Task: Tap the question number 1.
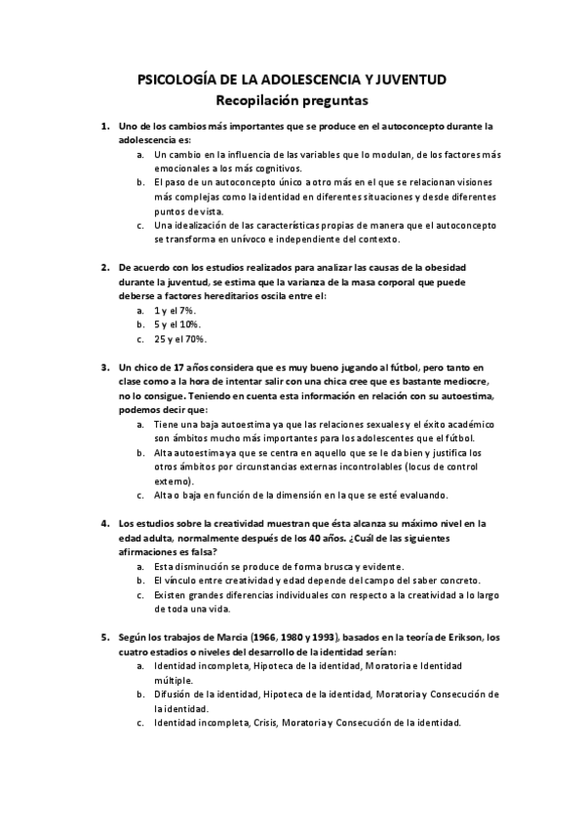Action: tap(104, 127)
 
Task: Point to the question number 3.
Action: tap(104, 367)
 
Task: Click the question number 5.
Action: tap(104, 638)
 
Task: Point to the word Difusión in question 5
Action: tap(175, 694)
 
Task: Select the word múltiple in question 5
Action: tap(173, 679)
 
